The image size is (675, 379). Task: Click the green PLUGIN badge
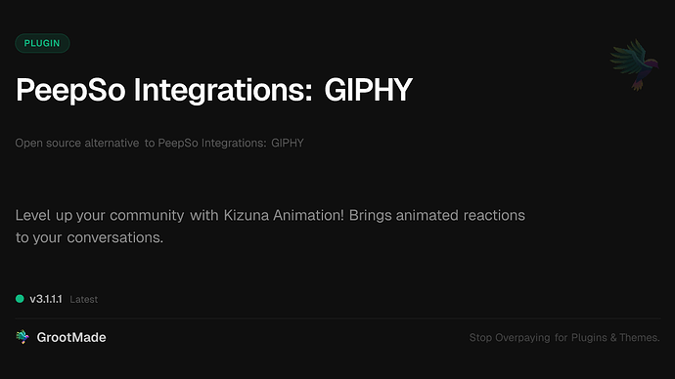pyautogui.click(x=42, y=43)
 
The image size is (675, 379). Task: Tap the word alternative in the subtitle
pyautogui.click(x=109, y=144)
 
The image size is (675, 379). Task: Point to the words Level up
pyautogui.click(x=41, y=214)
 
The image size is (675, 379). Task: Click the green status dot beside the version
pyautogui.click(x=20, y=298)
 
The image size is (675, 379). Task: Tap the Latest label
pyautogui.click(x=84, y=299)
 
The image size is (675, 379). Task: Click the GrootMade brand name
pyautogui.click(x=71, y=337)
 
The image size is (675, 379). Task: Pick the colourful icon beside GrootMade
pyautogui.click(x=22, y=337)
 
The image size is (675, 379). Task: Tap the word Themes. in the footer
pyautogui.click(x=642, y=338)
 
